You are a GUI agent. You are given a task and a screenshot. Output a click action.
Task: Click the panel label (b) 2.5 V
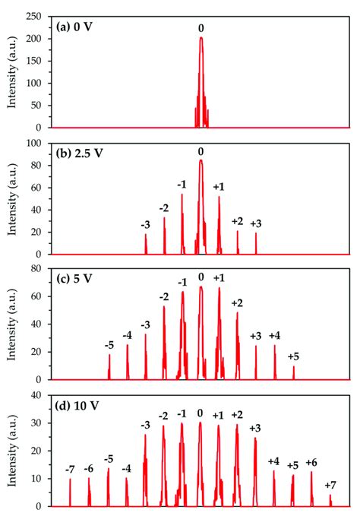coord(81,152)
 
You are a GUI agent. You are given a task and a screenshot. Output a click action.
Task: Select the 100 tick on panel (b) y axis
coord(37,142)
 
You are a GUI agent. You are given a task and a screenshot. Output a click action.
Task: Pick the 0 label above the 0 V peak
coord(201,28)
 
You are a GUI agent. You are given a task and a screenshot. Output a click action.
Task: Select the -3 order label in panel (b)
coord(145,224)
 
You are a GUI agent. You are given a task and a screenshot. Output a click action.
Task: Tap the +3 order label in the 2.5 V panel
coord(256,223)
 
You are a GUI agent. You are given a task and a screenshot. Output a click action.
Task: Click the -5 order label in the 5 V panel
coord(109,345)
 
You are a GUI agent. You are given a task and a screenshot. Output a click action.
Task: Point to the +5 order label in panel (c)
coord(293,356)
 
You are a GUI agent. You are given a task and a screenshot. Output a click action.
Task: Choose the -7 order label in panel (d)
coord(70,468)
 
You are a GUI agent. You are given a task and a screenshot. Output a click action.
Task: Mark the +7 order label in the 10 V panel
coord(330,485)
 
